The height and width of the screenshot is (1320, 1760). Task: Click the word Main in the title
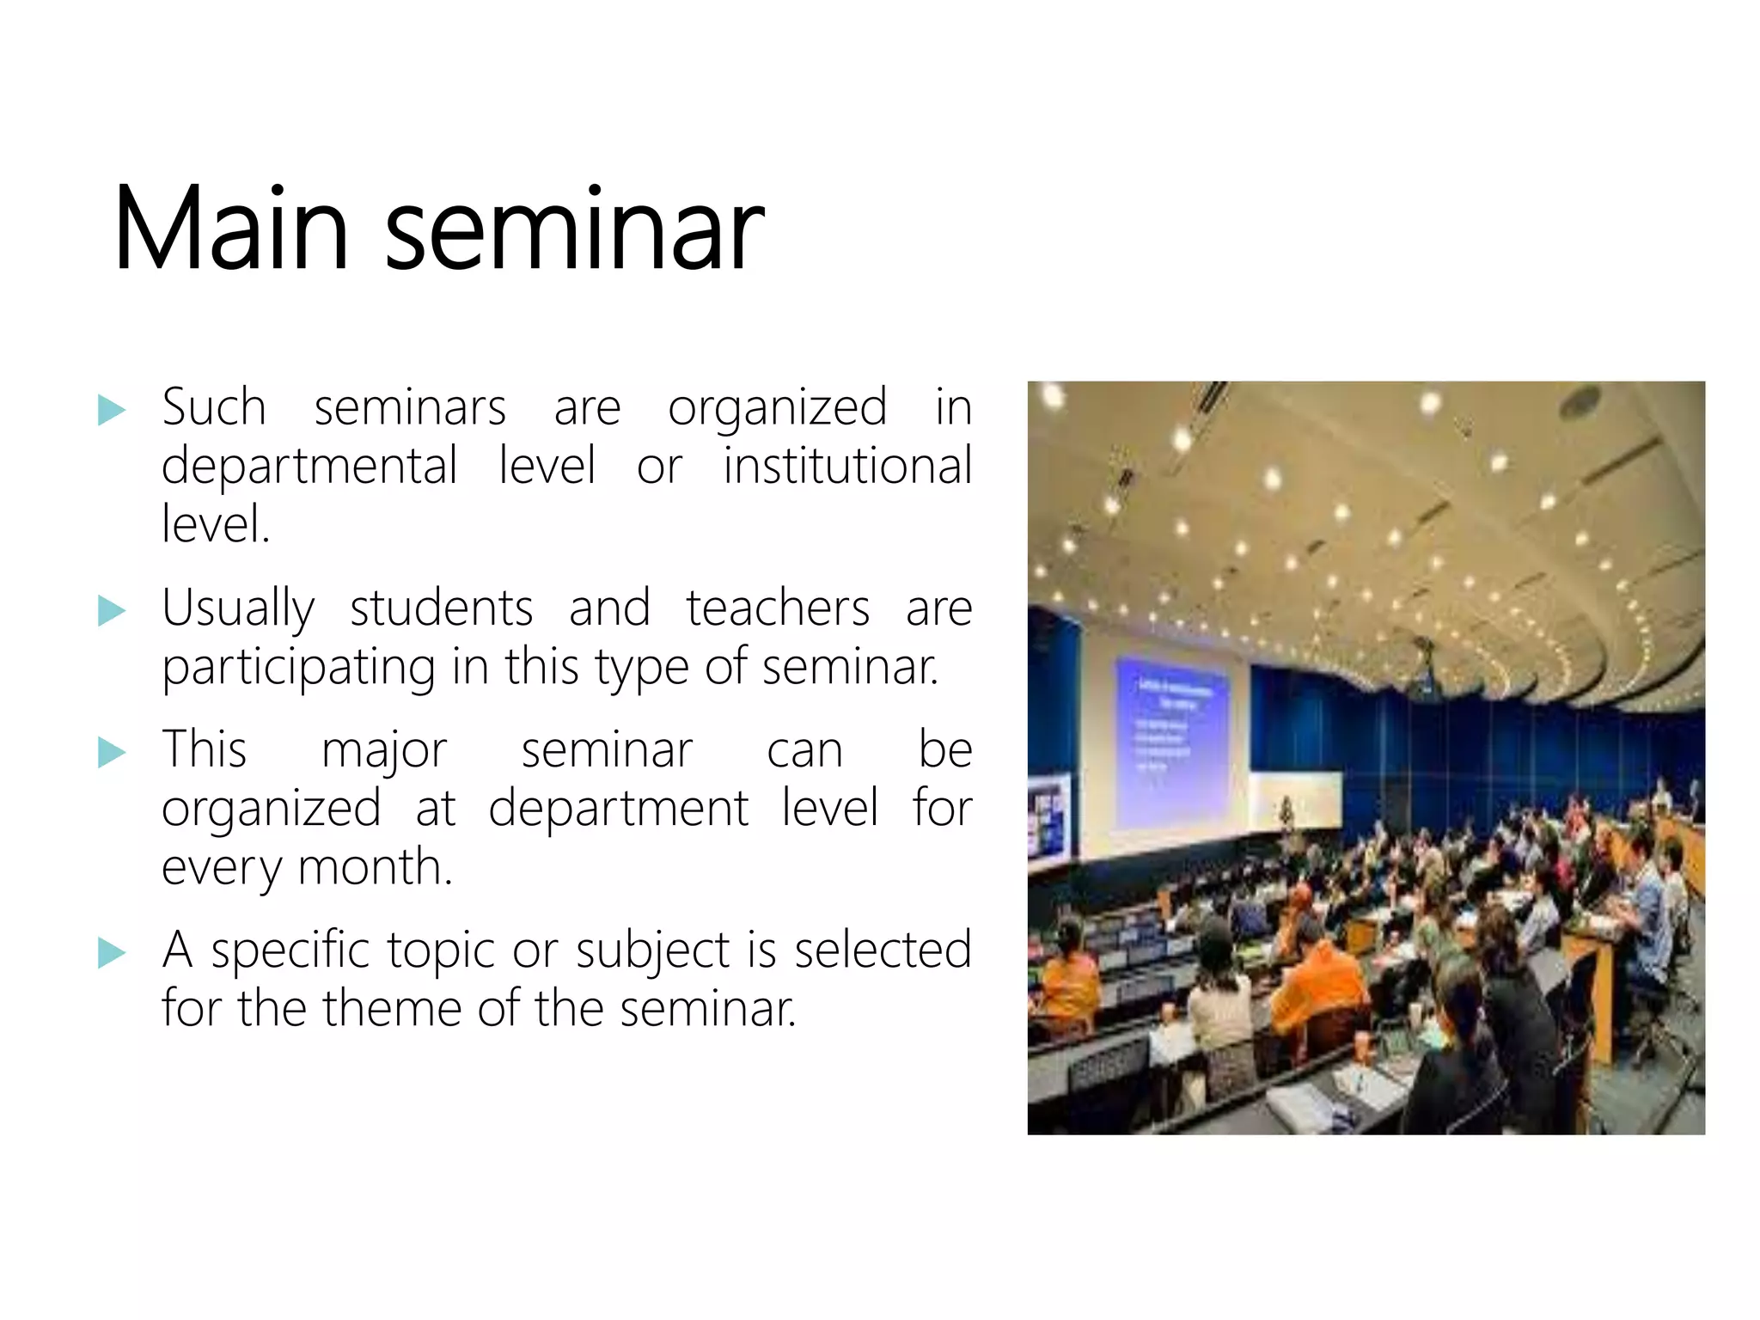[230, 229]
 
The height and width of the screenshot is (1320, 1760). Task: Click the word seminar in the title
[574, 232]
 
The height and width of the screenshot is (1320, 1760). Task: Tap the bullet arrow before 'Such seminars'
[112, 410]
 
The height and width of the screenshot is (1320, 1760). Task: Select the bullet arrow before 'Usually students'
[112, 611]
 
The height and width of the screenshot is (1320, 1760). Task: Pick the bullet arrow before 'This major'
[112, 752]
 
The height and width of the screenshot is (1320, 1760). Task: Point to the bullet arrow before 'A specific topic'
[112, 952]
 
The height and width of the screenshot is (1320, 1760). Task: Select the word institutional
[846, 467]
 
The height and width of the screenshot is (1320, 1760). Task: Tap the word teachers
[778, 609]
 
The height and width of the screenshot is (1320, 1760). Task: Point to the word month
[375, 867]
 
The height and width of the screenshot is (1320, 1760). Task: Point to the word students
[442, 609]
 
